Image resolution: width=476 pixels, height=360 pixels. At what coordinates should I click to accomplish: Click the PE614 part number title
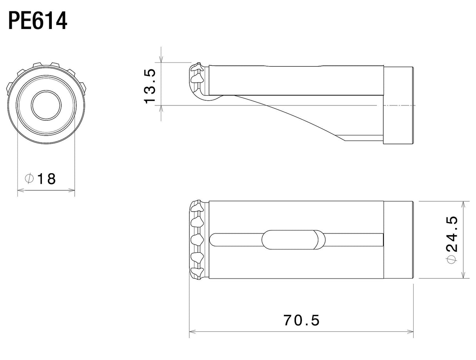coord(38,21)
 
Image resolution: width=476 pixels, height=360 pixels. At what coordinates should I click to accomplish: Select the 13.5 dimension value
coord(150,86)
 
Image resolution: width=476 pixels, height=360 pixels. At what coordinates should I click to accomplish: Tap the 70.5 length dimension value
coord(302,320)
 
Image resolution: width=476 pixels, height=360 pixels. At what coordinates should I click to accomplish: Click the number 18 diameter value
coord(47,179)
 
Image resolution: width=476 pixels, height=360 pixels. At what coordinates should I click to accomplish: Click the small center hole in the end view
coord(46,105)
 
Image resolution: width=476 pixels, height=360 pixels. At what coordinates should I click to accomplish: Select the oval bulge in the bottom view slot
coord(293,240)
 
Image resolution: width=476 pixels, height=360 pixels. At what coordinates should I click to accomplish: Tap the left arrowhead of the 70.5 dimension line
coord(193,338)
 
